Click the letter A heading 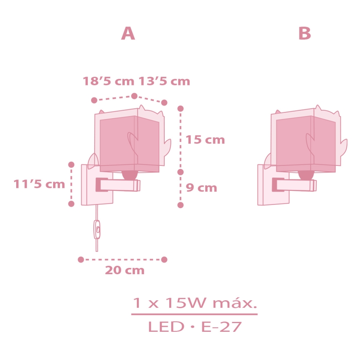click(128, 34)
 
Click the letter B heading click(305, 34)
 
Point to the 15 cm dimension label click(205, 140)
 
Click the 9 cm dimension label click(201, 188)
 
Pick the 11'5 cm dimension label click(40, 184)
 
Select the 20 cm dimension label click(124, 271)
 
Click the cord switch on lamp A click(97, 229)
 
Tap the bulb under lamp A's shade click(129, 175)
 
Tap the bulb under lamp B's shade click(306, 175)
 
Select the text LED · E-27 click(194, 327)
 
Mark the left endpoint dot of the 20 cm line click(81, 260)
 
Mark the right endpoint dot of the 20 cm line click(164, 260)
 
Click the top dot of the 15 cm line click(180, 108)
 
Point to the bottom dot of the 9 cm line click(180, 205)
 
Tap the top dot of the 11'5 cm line click(71, 164)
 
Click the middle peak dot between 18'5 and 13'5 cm click(134, 96)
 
